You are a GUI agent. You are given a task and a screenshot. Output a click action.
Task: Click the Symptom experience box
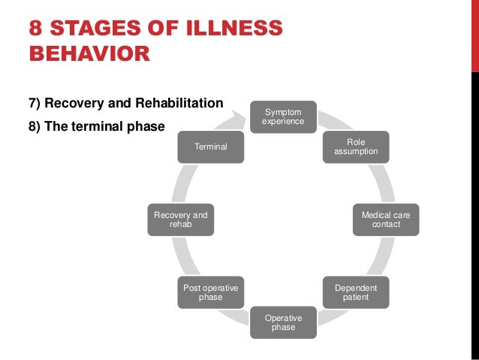pos(283,116)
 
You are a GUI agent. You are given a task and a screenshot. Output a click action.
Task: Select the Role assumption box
pos(356,147)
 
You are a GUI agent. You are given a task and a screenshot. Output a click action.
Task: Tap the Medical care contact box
pos(386,219)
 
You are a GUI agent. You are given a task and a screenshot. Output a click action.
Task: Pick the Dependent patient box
pos(356,292)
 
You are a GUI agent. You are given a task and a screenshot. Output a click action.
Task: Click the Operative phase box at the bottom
pos(283,322)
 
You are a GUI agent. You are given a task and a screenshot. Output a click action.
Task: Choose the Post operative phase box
pos(210,292)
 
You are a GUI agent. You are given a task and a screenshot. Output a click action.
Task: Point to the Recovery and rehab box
pos(180,219)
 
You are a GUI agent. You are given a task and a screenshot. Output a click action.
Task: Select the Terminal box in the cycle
pos(210,147)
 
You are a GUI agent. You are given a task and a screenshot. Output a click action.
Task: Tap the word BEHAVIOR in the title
pos(89,54)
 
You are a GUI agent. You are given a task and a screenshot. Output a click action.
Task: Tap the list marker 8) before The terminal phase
pos(35,126)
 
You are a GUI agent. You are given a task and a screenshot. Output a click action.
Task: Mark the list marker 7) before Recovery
pos(35,102)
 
